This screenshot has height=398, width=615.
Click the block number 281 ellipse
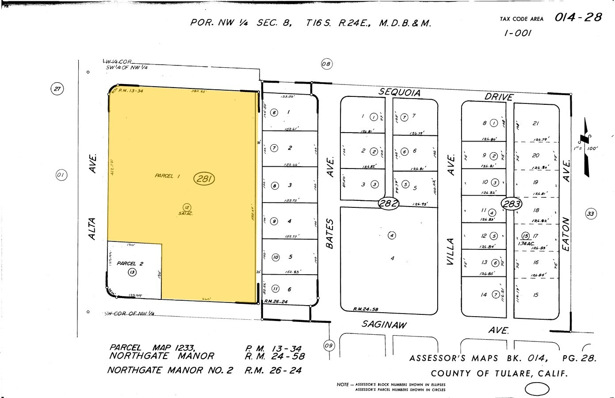tap(204, 179)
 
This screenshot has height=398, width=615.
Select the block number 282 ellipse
tap(389, 204)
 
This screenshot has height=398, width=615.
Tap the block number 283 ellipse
tap(512, 204)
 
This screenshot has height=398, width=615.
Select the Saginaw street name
tap(384, 325)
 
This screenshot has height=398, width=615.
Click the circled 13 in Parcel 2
tap(132, 272)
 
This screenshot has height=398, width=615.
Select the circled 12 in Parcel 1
tap(187, 207)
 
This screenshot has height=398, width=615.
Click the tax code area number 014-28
tap(578, 17)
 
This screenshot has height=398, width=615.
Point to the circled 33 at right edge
tap(591, 214)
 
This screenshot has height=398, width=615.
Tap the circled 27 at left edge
tap(57, 89)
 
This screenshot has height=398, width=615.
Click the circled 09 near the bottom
tap(329, 345)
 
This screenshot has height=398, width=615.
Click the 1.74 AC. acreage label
tap(526, 244)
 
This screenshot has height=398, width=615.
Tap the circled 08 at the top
tap(326, 65)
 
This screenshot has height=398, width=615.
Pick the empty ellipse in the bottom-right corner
tap(537, 389)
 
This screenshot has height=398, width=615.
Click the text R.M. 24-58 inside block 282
tap(366, 310)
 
